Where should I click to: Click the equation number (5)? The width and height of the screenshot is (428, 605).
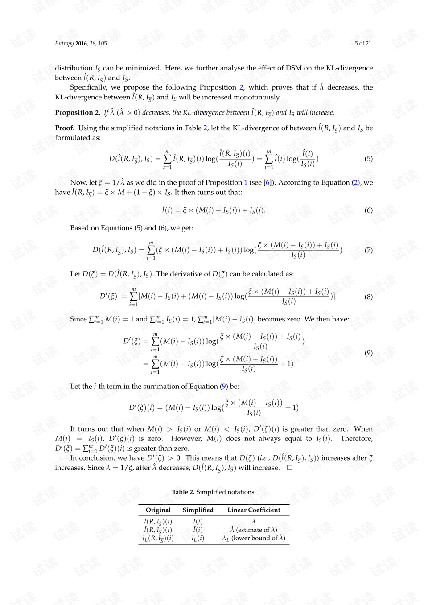(x=368, y=159)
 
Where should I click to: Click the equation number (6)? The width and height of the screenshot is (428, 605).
(x=368, y=210)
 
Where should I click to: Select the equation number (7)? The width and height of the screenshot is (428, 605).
(x=368, y=250)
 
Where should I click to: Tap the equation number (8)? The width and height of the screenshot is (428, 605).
(x=368, y=296)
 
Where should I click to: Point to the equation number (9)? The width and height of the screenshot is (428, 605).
(x=368, y=353)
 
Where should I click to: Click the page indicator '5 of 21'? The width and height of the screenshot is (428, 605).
(x=363, y=43)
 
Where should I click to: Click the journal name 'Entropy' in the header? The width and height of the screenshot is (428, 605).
(x=64, y=43)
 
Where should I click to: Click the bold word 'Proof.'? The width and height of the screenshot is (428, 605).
(x=65, y=128)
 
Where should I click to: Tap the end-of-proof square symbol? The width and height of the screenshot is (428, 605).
(x=290, y=468)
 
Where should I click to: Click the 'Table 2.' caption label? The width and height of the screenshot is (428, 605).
(x=183, y=492)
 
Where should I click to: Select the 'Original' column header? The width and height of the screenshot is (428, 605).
(x=158, y=510)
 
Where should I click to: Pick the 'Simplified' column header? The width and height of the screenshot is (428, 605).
(x=198, y=510)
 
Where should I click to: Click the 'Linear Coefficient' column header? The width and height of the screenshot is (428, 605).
(x=254, y=510)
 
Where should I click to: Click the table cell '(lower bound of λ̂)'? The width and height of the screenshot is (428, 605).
(x=258, y=538)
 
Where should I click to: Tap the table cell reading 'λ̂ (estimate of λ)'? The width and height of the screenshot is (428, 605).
(x=254, y=530)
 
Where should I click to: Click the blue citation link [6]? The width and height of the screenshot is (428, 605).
(x=267, y=182)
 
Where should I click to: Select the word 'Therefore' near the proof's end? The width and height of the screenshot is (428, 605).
(x=357, y=439)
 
